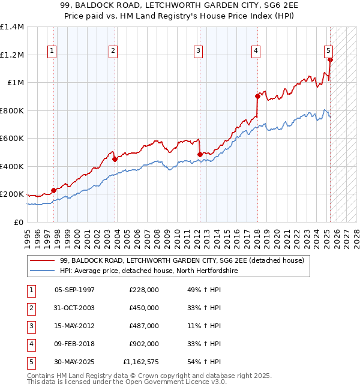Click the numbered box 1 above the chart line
point(53,52)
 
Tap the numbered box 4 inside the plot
point(256,52)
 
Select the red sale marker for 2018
point(257,96)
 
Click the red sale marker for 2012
point(200,154)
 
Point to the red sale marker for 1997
point(53,190)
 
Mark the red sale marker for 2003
point(115,159)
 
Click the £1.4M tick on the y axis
point(12,27)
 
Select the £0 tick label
point(17,222)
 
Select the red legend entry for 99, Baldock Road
point(182,260)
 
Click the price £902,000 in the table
point(143,344)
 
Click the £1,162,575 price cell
point(140,362)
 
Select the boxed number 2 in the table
point(30,308)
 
